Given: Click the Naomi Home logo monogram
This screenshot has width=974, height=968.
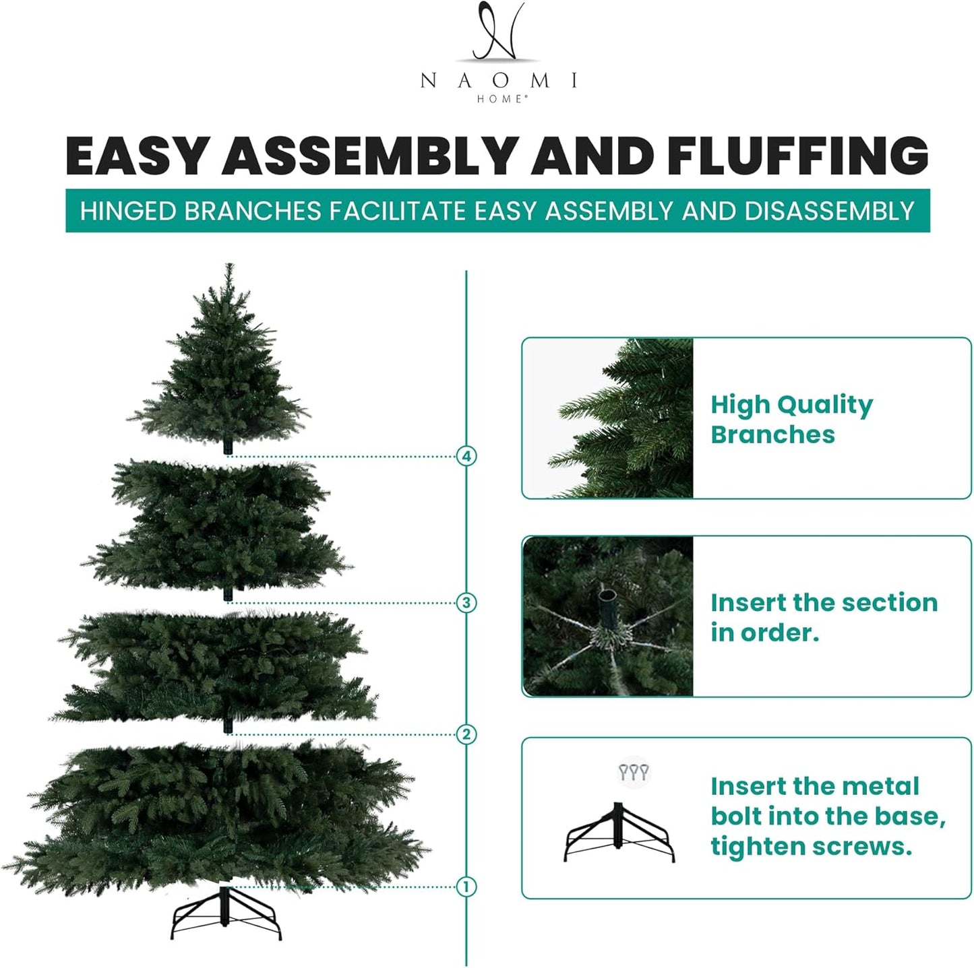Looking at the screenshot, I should point(497,32).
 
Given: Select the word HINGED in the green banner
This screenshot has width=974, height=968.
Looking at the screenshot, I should point(128,212).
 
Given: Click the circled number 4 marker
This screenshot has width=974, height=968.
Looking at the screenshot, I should point(466,456).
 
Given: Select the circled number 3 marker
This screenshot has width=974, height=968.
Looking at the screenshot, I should point(466,602).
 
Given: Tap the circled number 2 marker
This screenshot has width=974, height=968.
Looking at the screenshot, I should point(466,734).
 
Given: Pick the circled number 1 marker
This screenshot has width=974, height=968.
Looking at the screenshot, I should point(466,886).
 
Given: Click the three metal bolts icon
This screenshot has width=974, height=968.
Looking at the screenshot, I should point(634,772).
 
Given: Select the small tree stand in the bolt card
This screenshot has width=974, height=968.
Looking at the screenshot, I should point(619,833).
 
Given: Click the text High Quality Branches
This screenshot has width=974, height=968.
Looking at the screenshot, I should point(791,419).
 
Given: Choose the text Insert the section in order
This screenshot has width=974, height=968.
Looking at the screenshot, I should point(824,617).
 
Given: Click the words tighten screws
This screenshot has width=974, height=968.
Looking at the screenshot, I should point(811,846).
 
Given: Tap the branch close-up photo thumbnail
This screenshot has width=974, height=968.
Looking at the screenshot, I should point(608,418).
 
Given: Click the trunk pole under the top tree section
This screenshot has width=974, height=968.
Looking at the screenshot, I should point(229,446).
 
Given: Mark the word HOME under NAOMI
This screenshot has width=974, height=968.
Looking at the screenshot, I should point(499,99).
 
